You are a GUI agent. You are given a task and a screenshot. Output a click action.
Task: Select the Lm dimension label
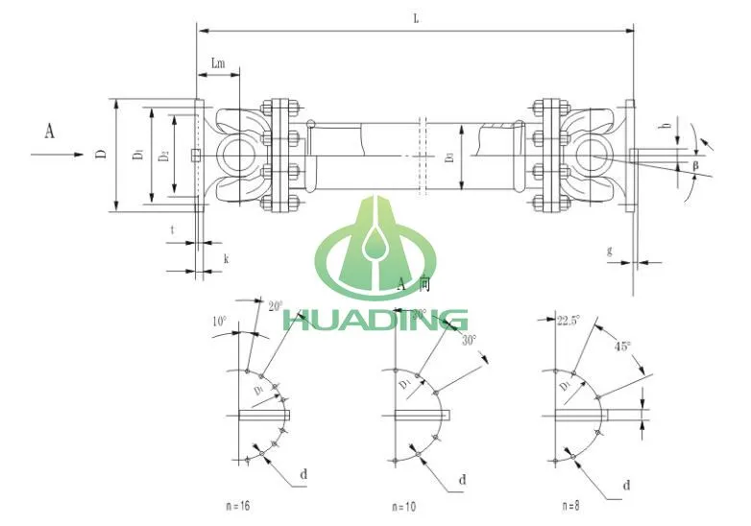pos(219,62)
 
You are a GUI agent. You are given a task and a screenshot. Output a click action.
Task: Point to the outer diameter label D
pos(101,154)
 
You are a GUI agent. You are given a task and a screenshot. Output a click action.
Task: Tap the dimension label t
pos(172,230)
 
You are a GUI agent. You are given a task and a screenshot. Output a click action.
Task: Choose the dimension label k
pos(226,259)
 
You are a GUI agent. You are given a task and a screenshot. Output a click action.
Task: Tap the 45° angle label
pos(623,347)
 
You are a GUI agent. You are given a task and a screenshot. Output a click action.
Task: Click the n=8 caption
pos(574,504)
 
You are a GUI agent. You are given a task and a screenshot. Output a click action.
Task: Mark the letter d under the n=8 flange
pos(626,486)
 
